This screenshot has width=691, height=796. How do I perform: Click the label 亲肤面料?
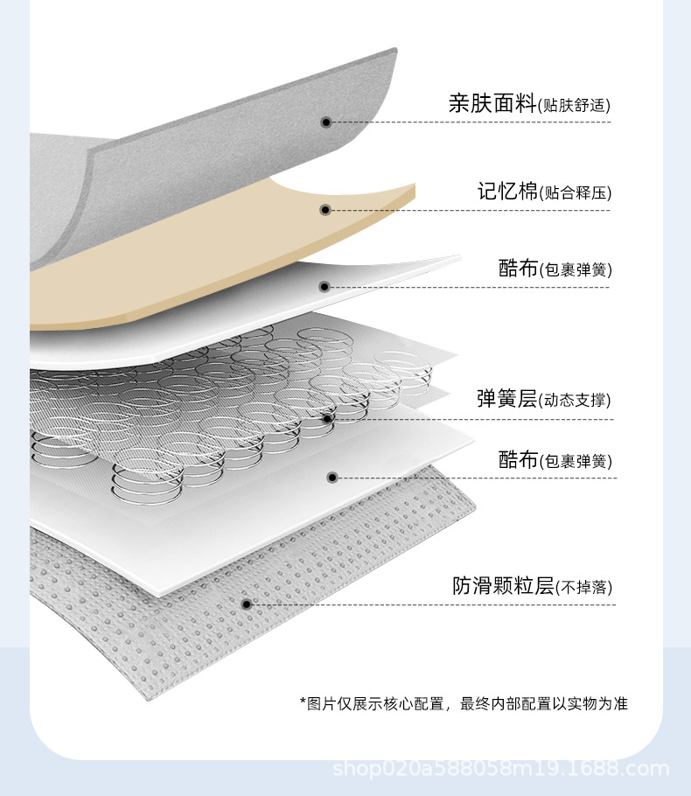click(x=492, y=104)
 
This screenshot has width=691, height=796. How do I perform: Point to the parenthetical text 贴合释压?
click(x=575, y=193)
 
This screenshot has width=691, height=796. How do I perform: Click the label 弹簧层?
click(x=506, y=399)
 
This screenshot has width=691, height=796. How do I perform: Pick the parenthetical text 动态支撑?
click(x=575, y=401)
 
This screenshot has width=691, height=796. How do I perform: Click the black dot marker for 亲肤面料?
click(x=325, y=122)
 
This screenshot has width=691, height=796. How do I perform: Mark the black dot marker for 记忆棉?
click(x=325, y=210)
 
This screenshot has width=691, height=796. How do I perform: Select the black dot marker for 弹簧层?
click(x=327, y=419)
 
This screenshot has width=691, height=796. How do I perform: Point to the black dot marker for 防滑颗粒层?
click(x=247, y=604)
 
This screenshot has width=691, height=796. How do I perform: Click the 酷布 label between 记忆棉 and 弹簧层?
click(x=518, y=269)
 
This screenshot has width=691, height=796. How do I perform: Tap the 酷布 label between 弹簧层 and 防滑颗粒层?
click(x=518, y=459)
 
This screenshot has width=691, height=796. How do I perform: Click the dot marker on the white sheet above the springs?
click(x=324, y=286)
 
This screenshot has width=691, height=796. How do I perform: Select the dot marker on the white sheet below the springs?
click(x=332, y=478)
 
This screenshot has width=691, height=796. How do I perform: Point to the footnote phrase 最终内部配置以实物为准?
click(x=543, y=702)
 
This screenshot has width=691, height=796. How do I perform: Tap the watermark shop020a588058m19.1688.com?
click(x=501, y=770)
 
